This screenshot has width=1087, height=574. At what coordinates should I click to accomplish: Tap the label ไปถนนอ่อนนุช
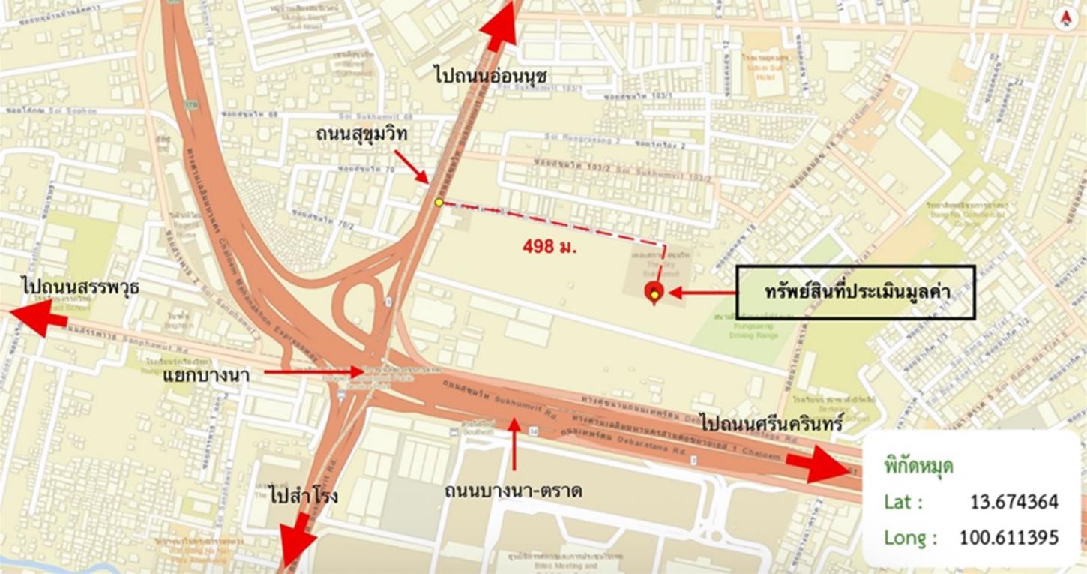pos(491,75)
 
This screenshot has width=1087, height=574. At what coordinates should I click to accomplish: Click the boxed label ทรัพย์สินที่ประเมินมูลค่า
pos(855,293)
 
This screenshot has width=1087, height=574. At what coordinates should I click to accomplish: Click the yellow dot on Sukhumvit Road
pos(439,202)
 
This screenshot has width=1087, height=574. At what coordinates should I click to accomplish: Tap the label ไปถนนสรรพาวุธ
pos(81,287)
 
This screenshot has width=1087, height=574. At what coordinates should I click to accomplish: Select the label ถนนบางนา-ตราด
pos(513,491)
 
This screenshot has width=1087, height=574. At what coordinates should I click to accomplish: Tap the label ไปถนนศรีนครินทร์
pos(772,422)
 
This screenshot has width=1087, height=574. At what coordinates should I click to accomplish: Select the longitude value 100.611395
pos(1008,537)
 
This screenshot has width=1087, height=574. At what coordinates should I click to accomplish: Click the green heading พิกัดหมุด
pos(918,467)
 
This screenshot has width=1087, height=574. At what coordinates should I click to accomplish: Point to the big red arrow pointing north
pos(500,26)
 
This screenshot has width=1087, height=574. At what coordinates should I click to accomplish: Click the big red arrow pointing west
pos(37,318)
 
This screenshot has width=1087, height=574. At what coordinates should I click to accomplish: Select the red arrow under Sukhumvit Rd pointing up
pos(514,443)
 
